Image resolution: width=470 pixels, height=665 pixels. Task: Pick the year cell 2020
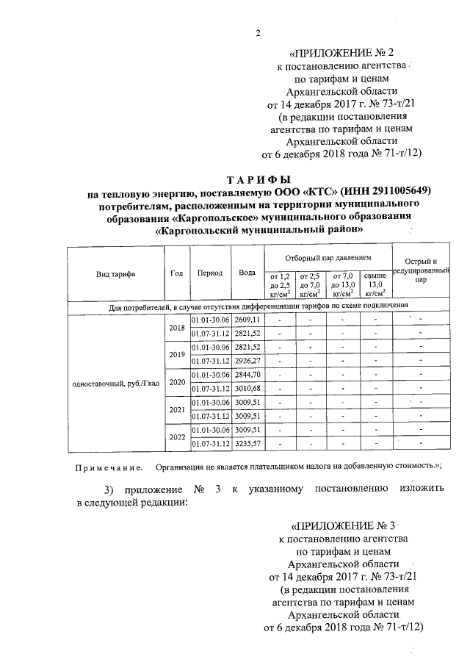pos(176,382)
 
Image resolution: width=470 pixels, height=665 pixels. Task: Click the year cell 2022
pos(176,437)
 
